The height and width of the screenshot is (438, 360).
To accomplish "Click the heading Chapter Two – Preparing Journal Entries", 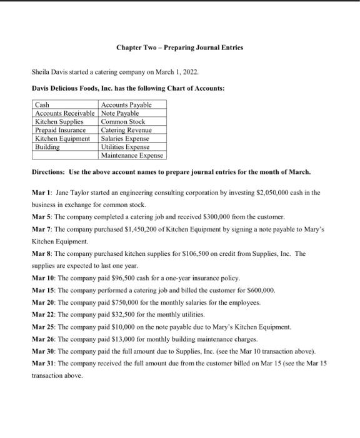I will tap(179, 48).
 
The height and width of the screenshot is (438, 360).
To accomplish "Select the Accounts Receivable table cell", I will tap(65, 113).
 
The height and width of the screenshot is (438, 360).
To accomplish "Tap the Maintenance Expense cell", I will tap(132, 155).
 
